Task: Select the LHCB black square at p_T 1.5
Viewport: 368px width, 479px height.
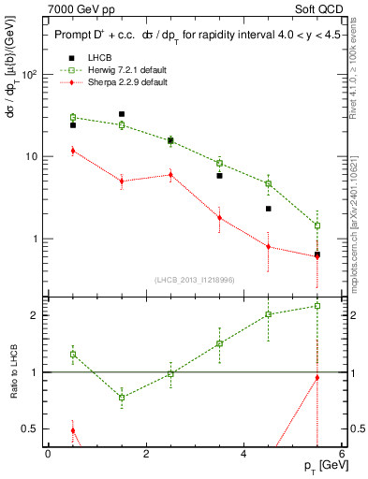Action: (122, 114)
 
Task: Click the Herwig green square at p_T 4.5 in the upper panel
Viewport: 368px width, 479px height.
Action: (269, 183)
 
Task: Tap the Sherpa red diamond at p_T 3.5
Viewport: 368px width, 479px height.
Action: (219, 218)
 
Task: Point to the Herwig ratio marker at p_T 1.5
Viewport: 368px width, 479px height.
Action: (122, 397)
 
